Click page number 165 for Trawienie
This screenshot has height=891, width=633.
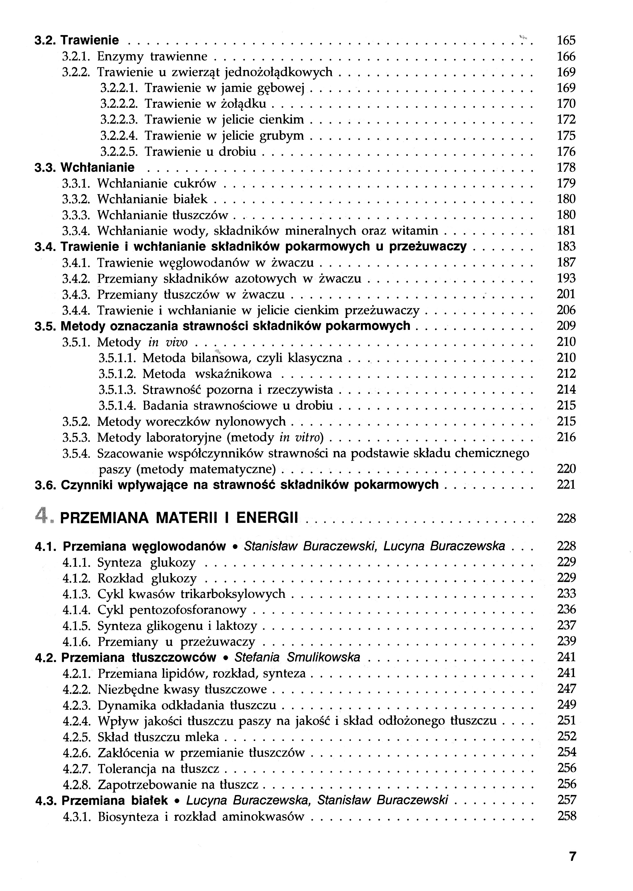(x=566, y=41)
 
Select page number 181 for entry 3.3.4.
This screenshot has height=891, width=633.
(x=566, y=231)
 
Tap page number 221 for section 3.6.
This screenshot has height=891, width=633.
(x=566, y=485)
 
